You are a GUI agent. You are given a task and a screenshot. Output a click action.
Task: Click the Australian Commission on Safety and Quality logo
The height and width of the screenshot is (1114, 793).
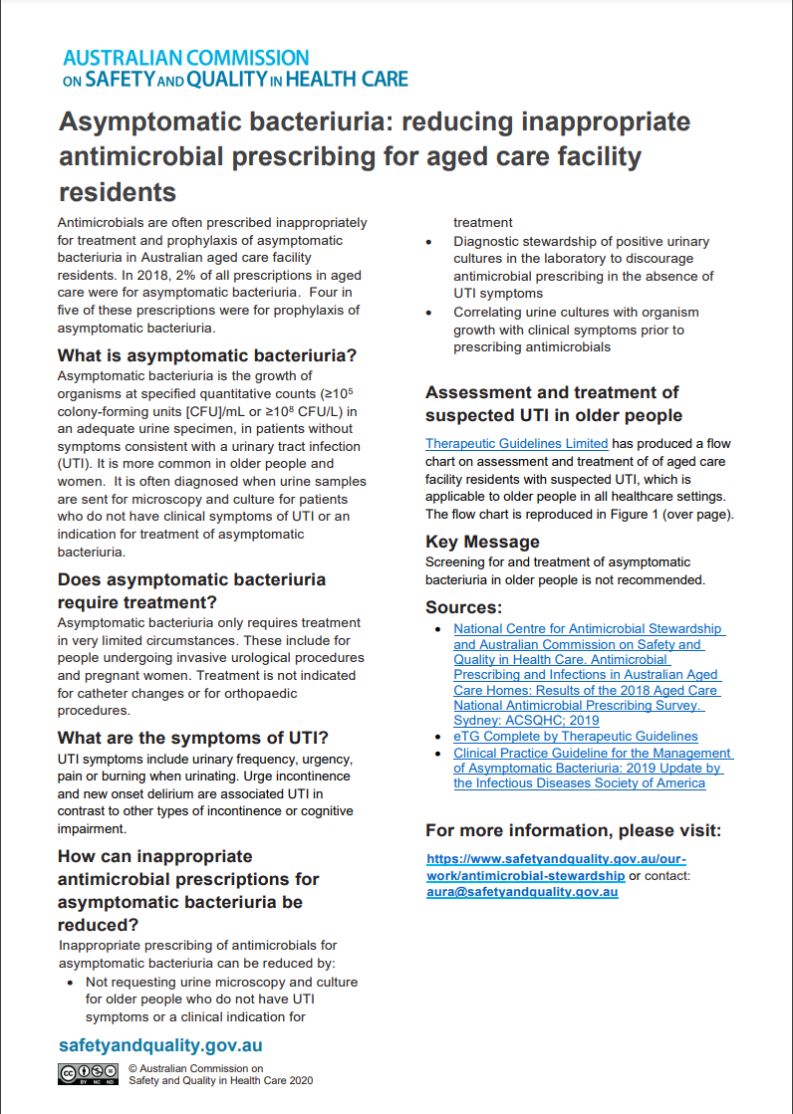234,68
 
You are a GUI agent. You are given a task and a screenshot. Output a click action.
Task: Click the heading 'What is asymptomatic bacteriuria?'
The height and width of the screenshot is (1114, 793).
207,355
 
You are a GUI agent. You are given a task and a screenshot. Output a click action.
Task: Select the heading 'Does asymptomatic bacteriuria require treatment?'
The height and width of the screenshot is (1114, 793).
191,590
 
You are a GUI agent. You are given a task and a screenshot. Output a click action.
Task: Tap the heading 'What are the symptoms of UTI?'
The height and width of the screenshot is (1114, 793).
193,738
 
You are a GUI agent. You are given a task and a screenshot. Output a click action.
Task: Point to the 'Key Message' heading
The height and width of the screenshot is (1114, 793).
482,542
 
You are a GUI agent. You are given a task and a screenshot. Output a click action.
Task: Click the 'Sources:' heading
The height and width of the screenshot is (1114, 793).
463,607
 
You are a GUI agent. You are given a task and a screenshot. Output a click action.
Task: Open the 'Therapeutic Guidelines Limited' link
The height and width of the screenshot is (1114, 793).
516,443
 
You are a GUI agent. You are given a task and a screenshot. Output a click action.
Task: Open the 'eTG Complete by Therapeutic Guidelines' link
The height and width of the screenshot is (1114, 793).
576,736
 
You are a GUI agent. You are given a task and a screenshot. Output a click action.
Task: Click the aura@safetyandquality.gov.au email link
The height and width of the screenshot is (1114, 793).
522,892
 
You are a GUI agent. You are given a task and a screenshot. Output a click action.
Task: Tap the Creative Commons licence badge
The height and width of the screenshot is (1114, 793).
88,1073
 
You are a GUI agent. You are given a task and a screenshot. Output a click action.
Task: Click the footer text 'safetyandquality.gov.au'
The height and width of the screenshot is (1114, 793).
160,1045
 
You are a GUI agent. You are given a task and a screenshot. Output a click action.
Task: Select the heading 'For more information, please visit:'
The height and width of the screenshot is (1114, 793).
573,830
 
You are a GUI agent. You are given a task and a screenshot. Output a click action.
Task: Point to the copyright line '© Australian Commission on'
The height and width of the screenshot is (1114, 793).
195,1067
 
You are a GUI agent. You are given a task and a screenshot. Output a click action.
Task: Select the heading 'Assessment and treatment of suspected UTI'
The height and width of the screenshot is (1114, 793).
553,403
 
